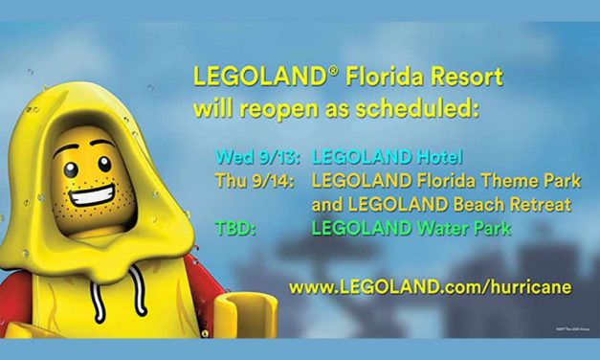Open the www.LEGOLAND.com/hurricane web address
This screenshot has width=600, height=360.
tap(432, 285)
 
